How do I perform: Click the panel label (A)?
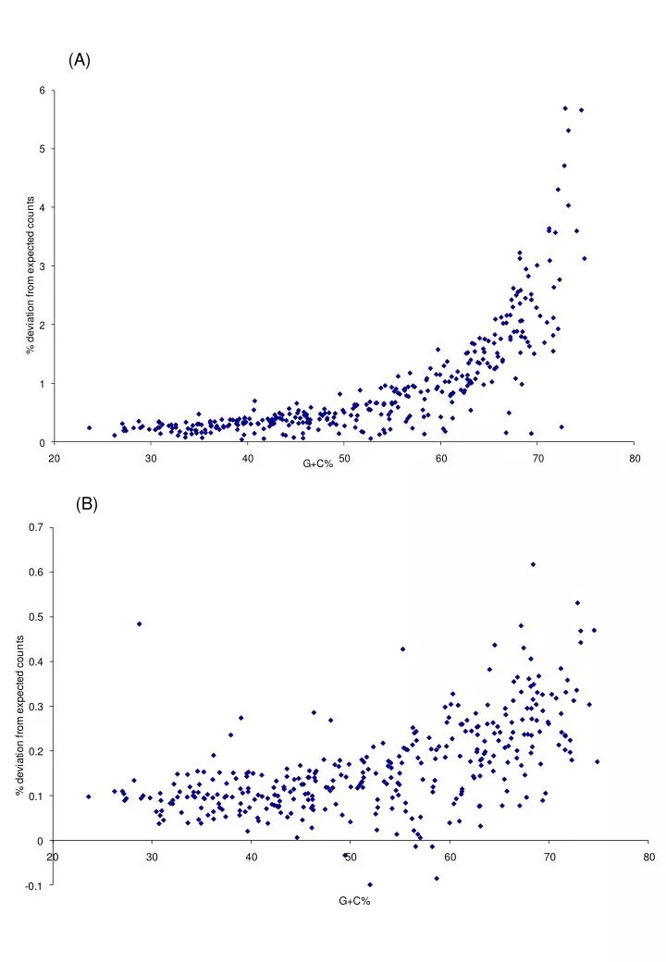pyautogui.click(x=80, y=60)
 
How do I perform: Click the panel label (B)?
pyautogui.click(x=86, y=504)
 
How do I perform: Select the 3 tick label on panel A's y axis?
pyautogui.click(x=43, y=266)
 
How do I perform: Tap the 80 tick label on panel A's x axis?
pyautogui.click(x=635, y=458)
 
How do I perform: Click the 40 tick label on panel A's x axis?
pyautogui.click(x=247, y=458)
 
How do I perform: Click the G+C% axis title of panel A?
pyautogui.click(x=317, y=463)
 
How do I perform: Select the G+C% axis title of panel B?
pyautogui.click(x=354, y=901)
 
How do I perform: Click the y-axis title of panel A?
pyautogui.click(x=30, y=276)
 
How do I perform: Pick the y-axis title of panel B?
pyautogui.click(x=20, y=716)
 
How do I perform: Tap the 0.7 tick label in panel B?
pyautogui.click(x=36, y=527)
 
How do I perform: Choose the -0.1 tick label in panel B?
pyautogui.click(x=34, y=885)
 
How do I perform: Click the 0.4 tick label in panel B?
pyautogui.click(x=36, y=662)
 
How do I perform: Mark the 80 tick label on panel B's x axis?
pyautogui.click(x=649, y=857)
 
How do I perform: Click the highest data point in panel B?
pyautogui.click(x=533, y=564)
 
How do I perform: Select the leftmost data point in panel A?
pyautogui.click(x=89, y=427)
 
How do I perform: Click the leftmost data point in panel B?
pyautogui.click(x=88, y=796)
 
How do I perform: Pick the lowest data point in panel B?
pyautogui.click(x=370, y=884)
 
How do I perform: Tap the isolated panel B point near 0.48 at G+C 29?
pyautogui.click(x=139, y=624)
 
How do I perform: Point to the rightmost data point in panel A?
pyautogui.click(x=585, y=258)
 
